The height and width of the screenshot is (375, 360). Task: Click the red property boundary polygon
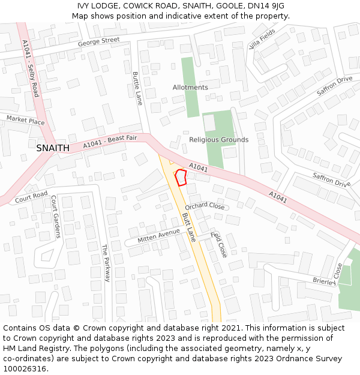[180, 178]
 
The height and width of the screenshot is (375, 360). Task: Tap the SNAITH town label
[53, 148]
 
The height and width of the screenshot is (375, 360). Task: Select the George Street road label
[99, 42]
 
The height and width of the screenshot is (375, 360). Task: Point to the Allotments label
[190, 88]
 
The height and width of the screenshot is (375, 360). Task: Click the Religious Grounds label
[218, 140]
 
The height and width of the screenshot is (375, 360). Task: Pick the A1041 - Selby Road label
[30, 68]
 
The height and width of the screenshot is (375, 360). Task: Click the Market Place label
[26, 121]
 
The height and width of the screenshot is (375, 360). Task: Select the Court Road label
[31, 196]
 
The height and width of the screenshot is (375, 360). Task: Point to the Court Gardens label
[56, 217]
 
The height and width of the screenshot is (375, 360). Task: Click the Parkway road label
[106, 263]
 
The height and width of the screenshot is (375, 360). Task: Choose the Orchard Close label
[205, 206]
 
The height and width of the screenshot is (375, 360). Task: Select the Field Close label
[219, 244]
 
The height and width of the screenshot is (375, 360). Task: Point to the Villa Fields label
[262, 38]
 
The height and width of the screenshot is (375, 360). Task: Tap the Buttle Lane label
[137, 89]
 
